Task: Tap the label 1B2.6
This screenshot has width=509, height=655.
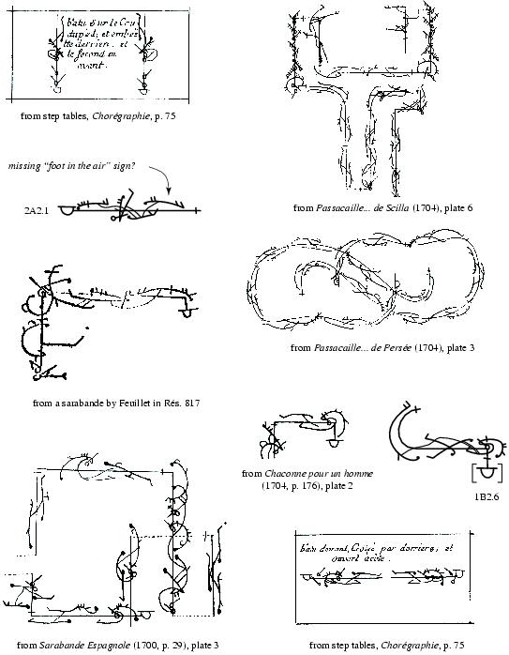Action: tap(486, 496)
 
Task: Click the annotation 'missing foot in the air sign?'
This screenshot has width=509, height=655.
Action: tap(71, 166)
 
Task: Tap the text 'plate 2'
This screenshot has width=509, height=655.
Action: tap(337, 486)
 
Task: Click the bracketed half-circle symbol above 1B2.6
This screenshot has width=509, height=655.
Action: tap(486, 471)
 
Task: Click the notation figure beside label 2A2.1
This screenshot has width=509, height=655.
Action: tap(127, 208)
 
